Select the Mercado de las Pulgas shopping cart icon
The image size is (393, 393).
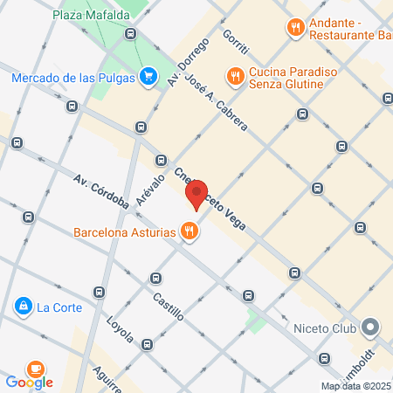[x=148, y=77]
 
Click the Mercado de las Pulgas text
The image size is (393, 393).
[x=73, y=77]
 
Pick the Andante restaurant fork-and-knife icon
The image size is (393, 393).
[x=296, y=28]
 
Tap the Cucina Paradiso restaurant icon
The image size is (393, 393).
[x=234, y=76]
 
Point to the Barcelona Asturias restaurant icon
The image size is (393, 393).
[x=188, y=231]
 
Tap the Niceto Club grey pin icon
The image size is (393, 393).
[x=370, y=328]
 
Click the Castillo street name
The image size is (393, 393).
[x=168, y=307]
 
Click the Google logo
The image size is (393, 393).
[x=29, y=382]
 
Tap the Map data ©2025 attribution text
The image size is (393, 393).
[x=355, y=386]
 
